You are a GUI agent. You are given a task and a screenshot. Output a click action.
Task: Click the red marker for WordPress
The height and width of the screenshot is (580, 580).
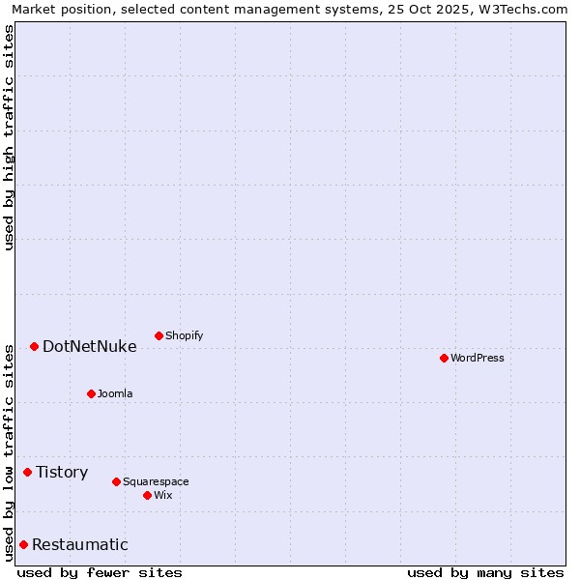point(444,358)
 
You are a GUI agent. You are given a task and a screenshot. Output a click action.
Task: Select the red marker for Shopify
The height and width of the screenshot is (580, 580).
point(159,335)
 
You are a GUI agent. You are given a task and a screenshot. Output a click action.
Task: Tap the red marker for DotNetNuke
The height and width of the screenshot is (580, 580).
point(34,346)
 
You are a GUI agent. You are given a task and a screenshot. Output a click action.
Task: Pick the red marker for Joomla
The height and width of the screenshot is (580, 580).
point(91,393)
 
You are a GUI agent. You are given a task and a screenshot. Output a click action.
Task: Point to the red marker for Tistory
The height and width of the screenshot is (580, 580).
point(27,472)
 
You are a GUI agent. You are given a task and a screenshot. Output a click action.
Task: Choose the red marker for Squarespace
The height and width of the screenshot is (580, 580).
point(116,481)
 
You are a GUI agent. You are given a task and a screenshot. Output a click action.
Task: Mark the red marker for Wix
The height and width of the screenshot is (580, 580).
point(147,495)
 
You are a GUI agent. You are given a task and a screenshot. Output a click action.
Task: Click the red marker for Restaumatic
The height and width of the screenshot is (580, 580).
point(23,544)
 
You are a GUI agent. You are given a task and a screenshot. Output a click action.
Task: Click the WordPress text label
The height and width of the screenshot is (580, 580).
point(478,358)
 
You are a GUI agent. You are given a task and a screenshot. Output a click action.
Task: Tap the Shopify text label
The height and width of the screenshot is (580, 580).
point(184,335)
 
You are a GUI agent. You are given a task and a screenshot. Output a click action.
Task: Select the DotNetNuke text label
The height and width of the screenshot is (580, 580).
point(89,346)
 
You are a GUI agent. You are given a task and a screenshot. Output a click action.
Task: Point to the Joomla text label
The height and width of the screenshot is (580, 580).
point(115,393)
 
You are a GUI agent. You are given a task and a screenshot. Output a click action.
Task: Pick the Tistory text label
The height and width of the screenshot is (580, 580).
point(62,472)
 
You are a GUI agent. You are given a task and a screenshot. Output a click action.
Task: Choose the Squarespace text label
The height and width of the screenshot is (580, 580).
point(156,481)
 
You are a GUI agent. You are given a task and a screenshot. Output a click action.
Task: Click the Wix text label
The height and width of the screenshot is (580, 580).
point(162,495)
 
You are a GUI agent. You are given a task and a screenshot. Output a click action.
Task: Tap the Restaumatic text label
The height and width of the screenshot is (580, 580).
point(79,544)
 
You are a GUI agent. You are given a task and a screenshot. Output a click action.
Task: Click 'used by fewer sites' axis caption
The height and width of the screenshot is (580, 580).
point(100,572)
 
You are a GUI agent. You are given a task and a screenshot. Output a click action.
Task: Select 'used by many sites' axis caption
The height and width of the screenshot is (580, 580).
point(485,572)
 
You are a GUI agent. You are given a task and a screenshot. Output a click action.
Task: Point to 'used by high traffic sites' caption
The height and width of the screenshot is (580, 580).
point(9,137)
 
